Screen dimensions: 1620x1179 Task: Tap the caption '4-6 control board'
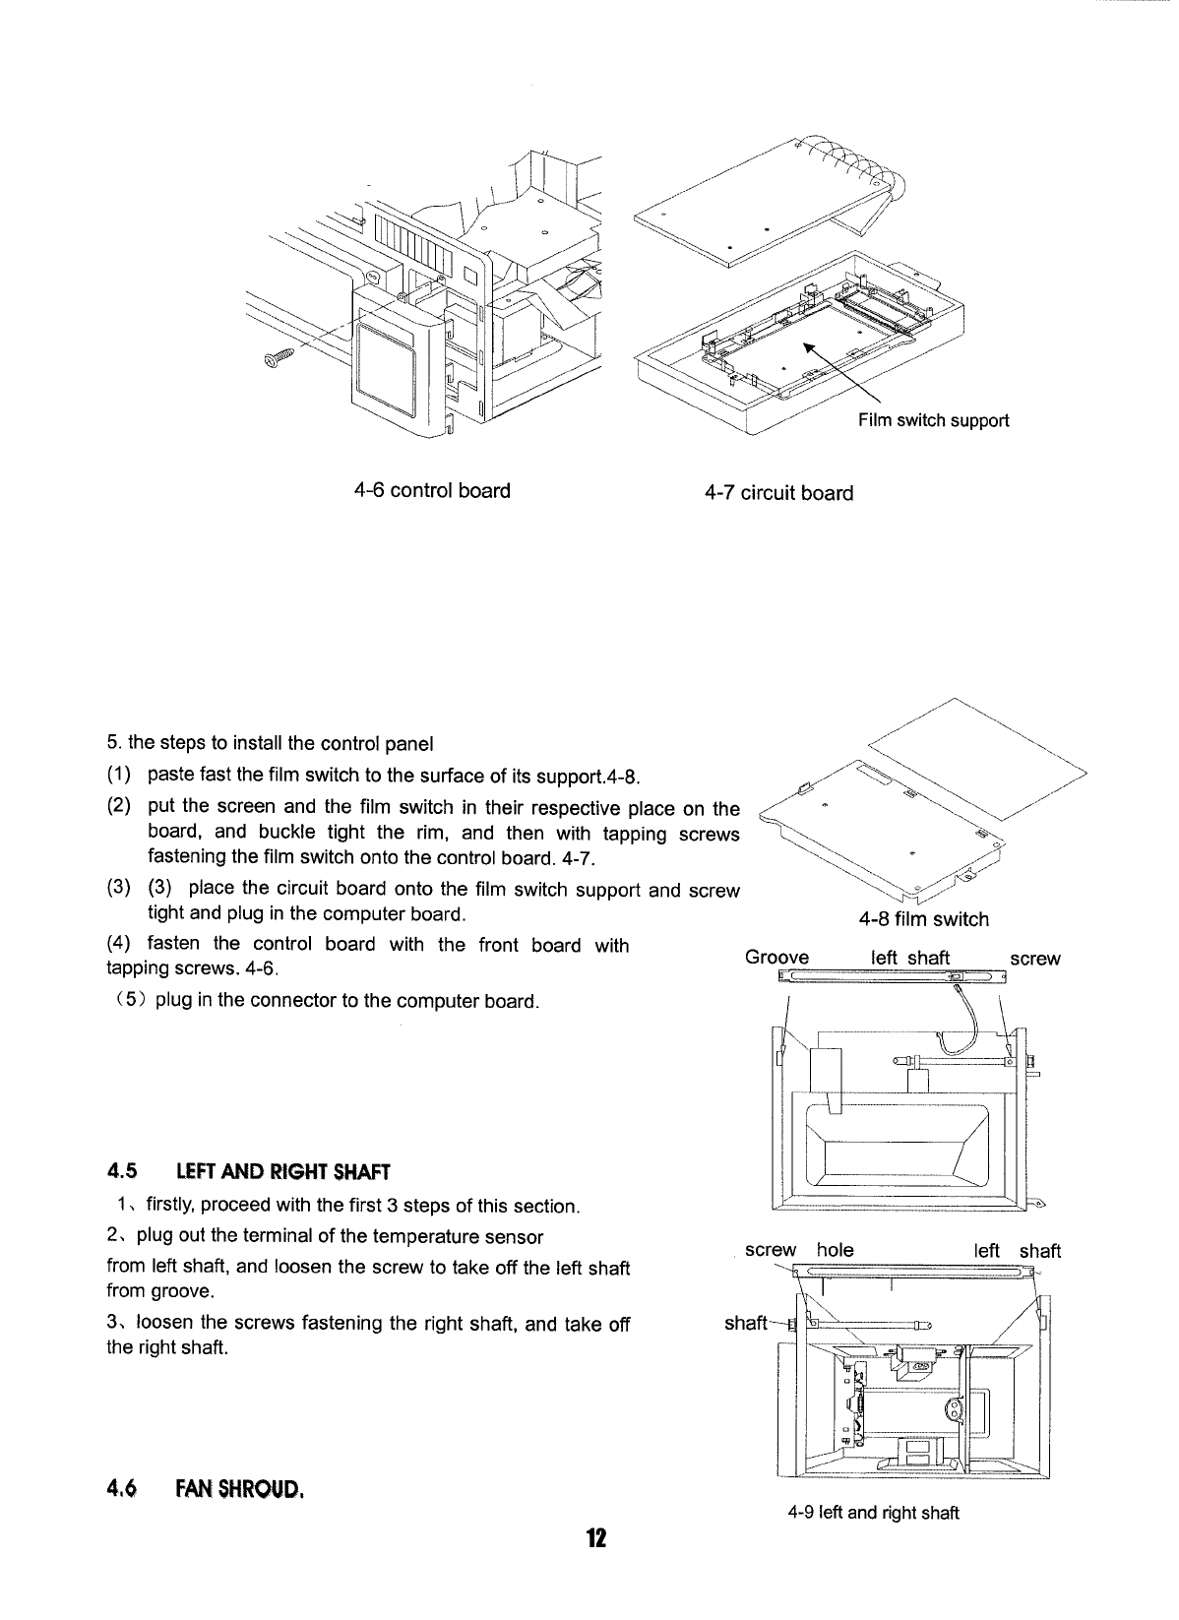tap(433, 490)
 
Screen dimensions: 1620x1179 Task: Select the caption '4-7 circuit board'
tap(778, 492)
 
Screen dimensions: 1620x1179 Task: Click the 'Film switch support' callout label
tap(933, 421)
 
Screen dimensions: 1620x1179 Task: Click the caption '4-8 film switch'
tap(923, 919)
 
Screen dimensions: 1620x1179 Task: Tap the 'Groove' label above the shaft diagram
tap(776, 958)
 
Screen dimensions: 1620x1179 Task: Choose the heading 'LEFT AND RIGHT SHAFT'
tap(283, 1171)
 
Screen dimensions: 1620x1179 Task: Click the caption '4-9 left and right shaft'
tap(873, 1513)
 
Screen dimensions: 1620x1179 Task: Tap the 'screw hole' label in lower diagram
tap(799, 1250)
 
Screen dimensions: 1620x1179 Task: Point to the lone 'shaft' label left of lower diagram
tap(745, 1323)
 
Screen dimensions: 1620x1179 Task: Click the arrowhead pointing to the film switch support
tap(809, 348)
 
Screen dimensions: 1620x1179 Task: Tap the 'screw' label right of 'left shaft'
tap(1035, 959)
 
